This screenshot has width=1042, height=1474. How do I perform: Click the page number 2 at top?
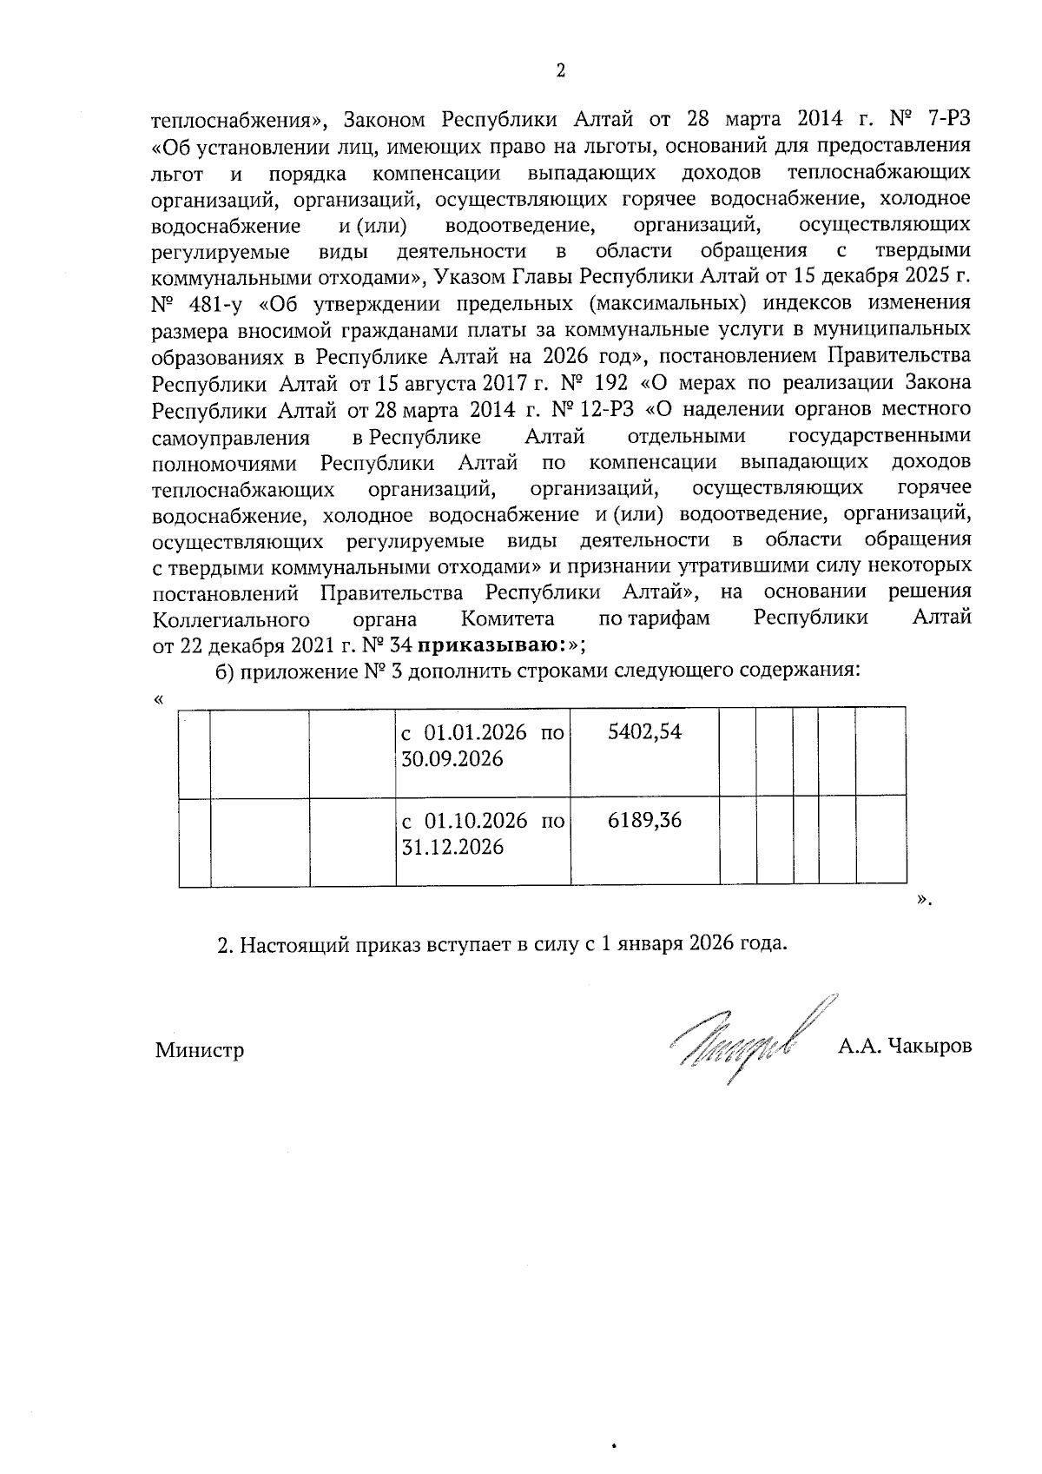560,71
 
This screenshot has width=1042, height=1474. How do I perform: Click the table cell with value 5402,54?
644,732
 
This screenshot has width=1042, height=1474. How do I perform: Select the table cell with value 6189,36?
644,820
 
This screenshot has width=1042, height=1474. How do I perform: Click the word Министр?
200,1050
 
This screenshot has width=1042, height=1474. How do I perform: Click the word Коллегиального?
232,619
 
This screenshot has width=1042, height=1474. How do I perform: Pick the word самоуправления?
231,436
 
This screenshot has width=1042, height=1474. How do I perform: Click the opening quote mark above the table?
157,699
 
